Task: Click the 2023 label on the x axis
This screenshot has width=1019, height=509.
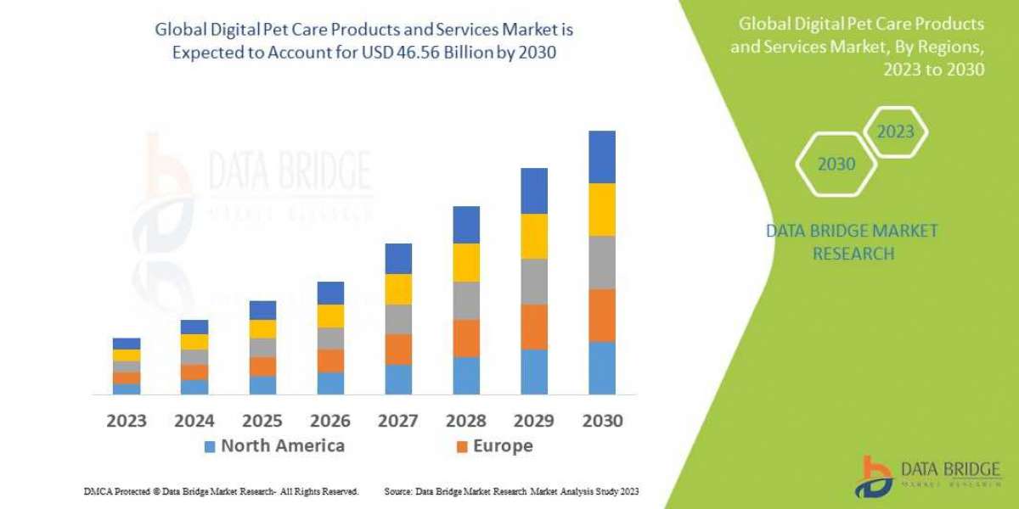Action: [126, 420]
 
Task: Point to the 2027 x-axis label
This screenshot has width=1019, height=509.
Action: [397, 420]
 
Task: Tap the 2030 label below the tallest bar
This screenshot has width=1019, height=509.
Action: [601, 420]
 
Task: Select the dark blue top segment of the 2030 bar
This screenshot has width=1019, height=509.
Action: [601, 157]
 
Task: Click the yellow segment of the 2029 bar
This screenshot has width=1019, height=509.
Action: [534, 236]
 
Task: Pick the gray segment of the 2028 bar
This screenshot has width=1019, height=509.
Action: [466, 300]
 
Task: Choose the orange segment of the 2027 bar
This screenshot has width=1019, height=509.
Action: [398, 349]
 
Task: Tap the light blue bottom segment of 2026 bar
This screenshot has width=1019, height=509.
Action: [330, 383]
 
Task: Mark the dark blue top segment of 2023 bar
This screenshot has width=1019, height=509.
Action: [127, 344]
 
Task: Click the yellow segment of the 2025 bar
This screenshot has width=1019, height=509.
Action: [262, 329]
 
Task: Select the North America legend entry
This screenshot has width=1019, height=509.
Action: [273, 446]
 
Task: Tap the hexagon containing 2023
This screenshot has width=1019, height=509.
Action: [895, 131]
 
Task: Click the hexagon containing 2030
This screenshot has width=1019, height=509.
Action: [836, 164]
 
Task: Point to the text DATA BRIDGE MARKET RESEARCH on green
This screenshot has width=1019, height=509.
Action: [852, 242]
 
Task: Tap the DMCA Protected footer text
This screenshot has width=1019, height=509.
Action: [221, 491]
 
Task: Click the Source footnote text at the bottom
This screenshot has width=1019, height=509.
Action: [511, 491]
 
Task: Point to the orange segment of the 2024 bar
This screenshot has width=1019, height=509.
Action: [194, 372]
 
